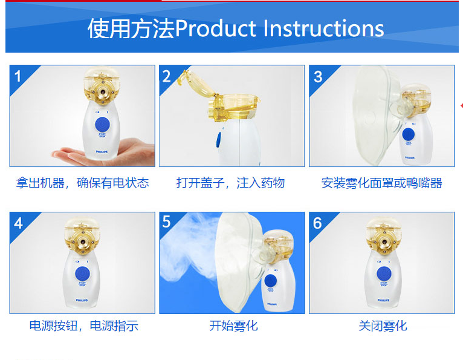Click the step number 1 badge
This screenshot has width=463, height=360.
click(18, 76)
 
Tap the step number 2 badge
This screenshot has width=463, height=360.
click(167, 76)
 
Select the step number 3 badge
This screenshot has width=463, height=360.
click(318, 76)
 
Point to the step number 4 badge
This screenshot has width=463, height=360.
click(18, 223)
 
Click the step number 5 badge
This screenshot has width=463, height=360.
click(167, 222)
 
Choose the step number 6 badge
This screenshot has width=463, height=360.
click(318, 223)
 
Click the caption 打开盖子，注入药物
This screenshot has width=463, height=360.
click(230, 183)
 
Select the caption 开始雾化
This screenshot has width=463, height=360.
click(233, 326)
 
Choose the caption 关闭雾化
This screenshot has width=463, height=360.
click(383, 326)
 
